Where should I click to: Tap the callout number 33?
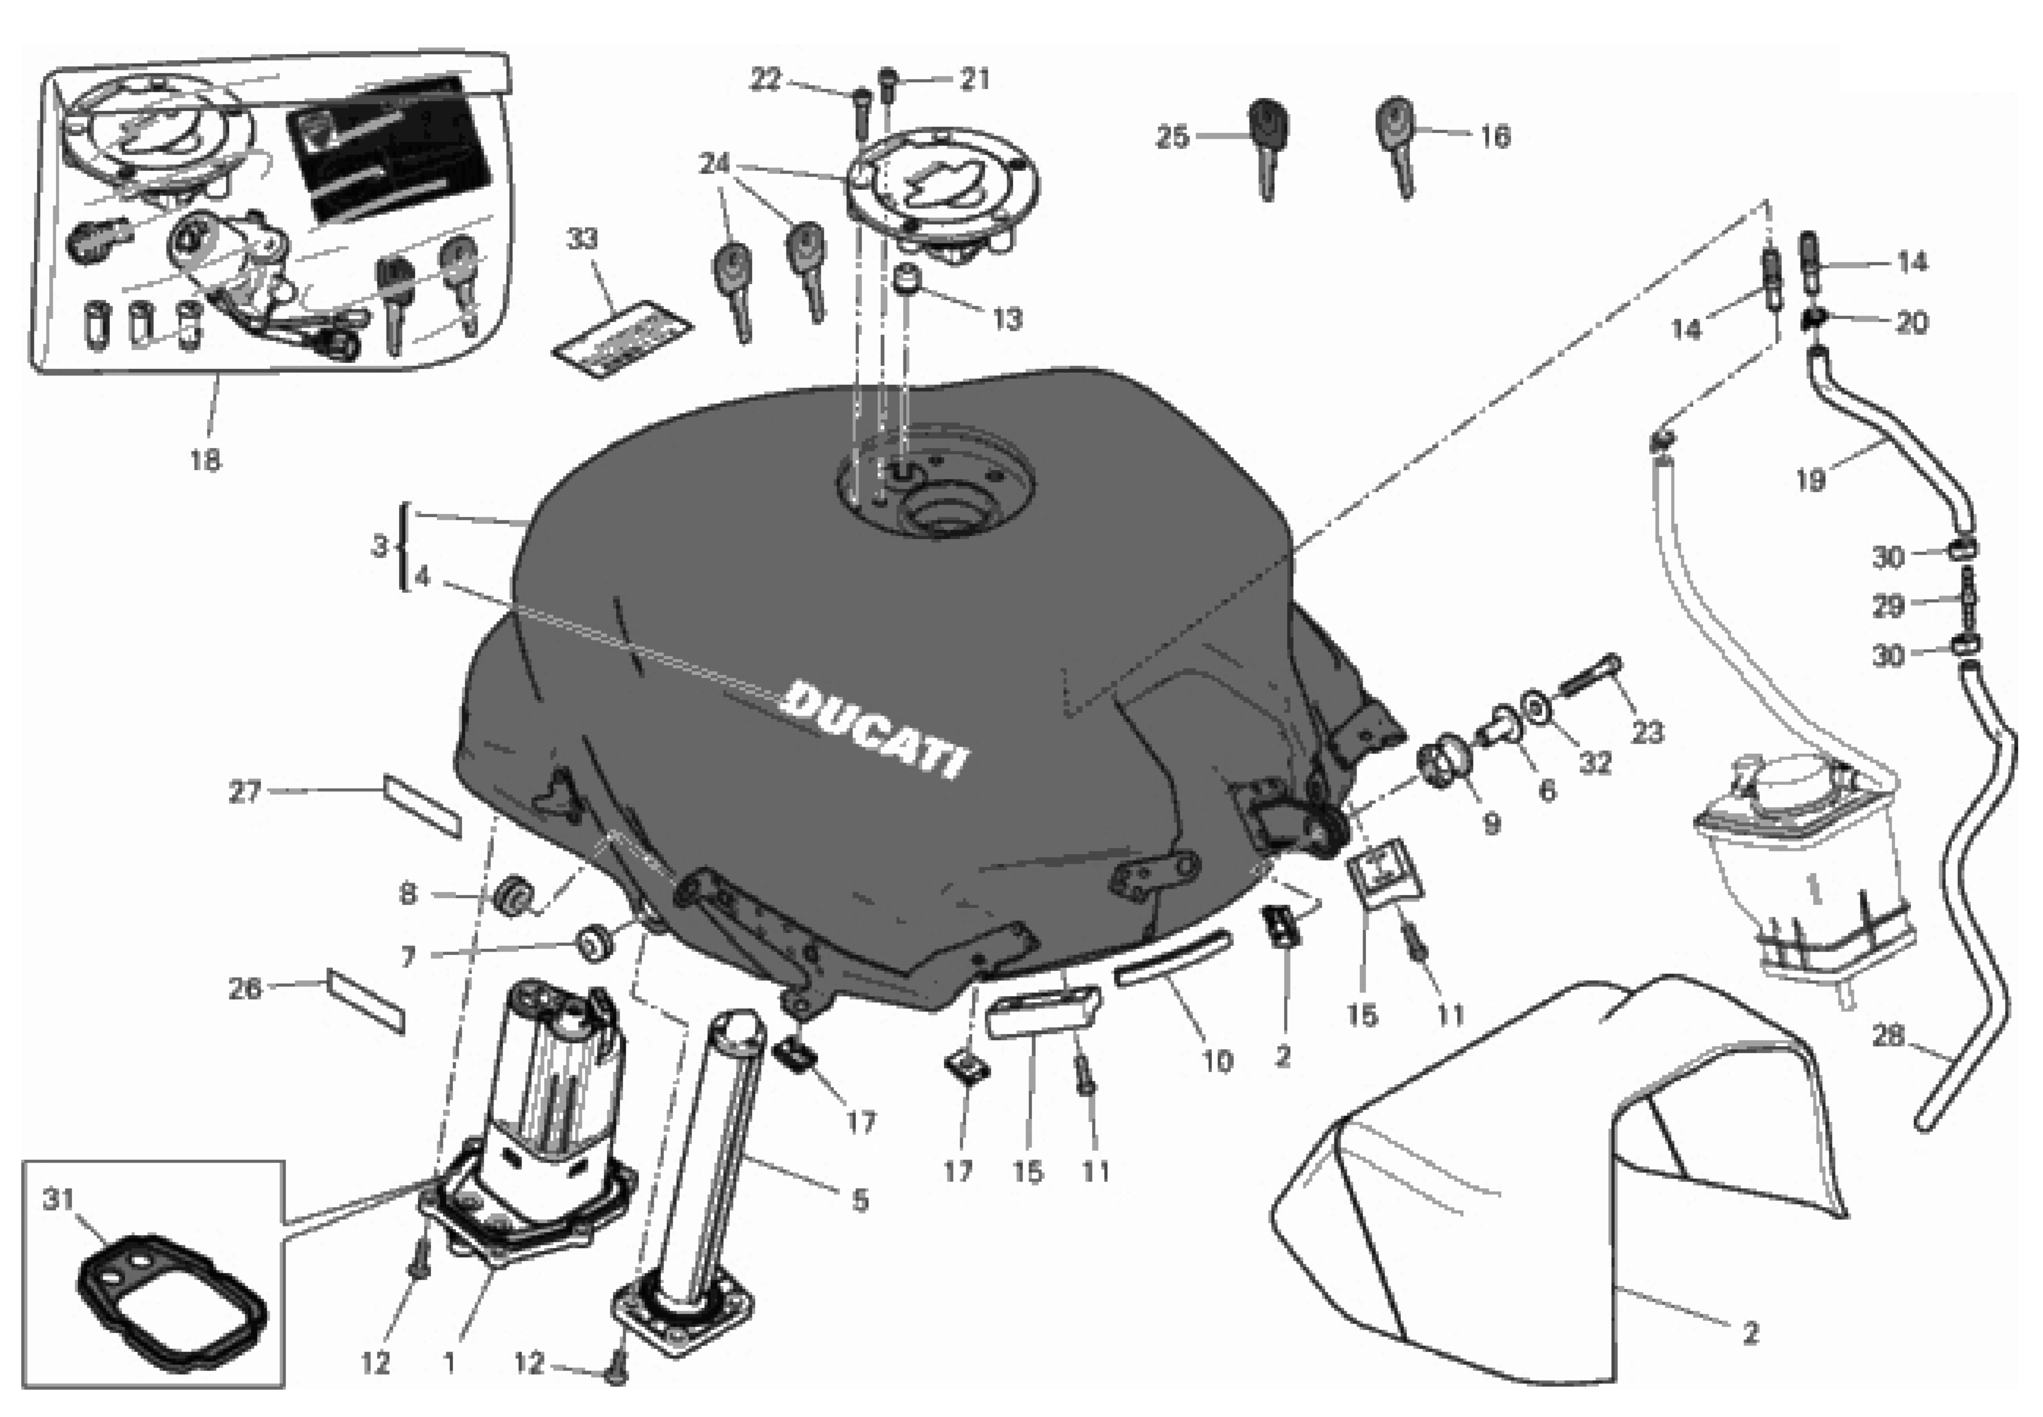[582, 239]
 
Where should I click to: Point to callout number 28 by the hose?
[1889, 1036]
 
